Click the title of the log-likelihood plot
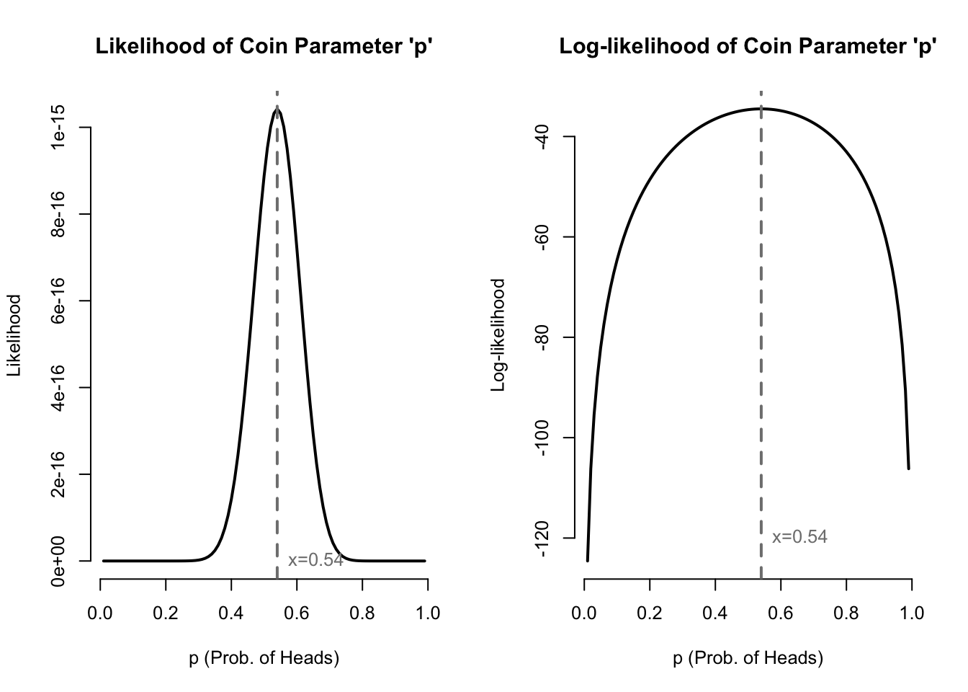[748, 48]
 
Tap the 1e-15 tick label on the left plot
[59, 127]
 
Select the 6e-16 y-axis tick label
[59, 301]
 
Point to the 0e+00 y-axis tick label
[59, 561]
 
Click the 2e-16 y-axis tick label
[59, 474]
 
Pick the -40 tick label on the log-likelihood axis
[543, 136]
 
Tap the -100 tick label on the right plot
[543, 438]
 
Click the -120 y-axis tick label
[543, 538]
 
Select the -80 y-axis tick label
[543, 337]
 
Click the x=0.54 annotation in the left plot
[315, 560]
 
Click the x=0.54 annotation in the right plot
[799, 537]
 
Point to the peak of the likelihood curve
[277, 110]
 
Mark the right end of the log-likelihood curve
[908, 469]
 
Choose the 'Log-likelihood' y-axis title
[498, 335]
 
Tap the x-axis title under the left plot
[264, 658]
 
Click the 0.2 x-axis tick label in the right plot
[650, 613]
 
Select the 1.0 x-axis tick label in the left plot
[428, 613]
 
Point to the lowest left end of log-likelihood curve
[588, 560]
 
